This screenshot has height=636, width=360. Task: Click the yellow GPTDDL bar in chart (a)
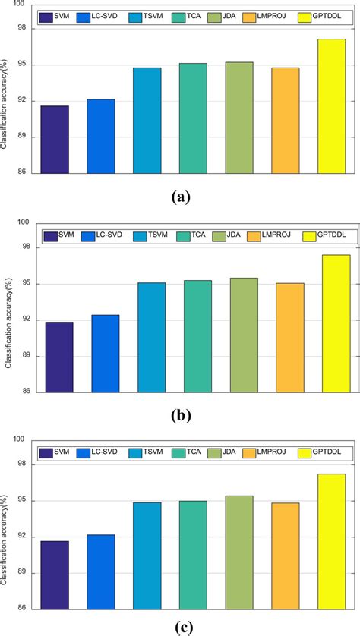[331, 106]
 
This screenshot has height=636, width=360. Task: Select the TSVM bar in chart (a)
[147, 120]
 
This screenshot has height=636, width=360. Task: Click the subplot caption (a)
[180, 197]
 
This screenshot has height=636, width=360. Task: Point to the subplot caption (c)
[180, 627]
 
